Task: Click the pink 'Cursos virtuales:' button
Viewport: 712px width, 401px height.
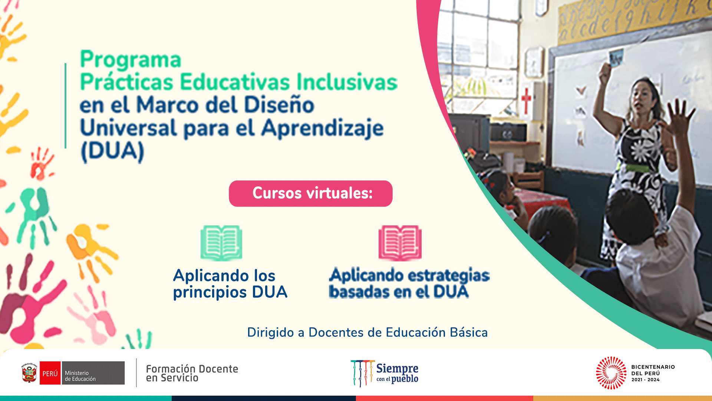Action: (311, 193)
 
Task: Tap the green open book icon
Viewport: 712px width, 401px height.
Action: (221, 243)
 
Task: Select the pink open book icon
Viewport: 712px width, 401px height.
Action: (400, 243)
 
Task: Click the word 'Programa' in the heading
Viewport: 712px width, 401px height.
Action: (131, 60)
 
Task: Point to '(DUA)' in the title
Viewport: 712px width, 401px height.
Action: (112, 151)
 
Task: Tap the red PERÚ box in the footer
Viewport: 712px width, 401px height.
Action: (50, 373)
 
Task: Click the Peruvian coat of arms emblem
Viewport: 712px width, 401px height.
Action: (29, 373)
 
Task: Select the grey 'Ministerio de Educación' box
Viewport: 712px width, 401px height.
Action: (93, 373)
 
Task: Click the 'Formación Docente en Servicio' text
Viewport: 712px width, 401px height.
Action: (192, 373)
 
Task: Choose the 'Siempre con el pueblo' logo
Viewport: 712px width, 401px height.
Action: (385, 373)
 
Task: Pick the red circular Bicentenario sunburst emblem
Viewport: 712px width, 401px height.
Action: (611, 373)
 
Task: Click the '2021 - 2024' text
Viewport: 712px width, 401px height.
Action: (645, 380)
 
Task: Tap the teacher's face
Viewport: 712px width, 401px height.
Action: (644, 99)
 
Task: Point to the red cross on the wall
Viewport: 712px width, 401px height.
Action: (526, 100)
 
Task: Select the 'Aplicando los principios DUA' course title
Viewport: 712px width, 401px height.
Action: (230, 284)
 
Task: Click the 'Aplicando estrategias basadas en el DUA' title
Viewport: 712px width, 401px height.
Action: (409, 283)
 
